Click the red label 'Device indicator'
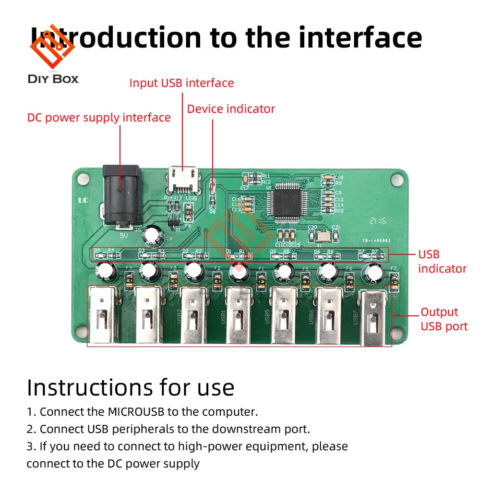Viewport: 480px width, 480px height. pyautogui.click(x=231, y=109)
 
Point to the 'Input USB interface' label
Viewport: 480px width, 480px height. pyautogui.click(x=181, y=83)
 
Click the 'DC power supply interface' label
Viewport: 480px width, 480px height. pyautogui.click(x=99, y=118)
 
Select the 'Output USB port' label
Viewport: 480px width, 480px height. pyautogui.click(x=444, y=319)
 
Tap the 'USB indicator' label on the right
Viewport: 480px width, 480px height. pyautogui.click(x=442, y=262)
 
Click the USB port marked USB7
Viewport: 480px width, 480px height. pyautogui.click(x=373, y=318)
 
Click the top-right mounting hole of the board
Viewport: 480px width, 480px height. pyautogui.click(x=396, y=179)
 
